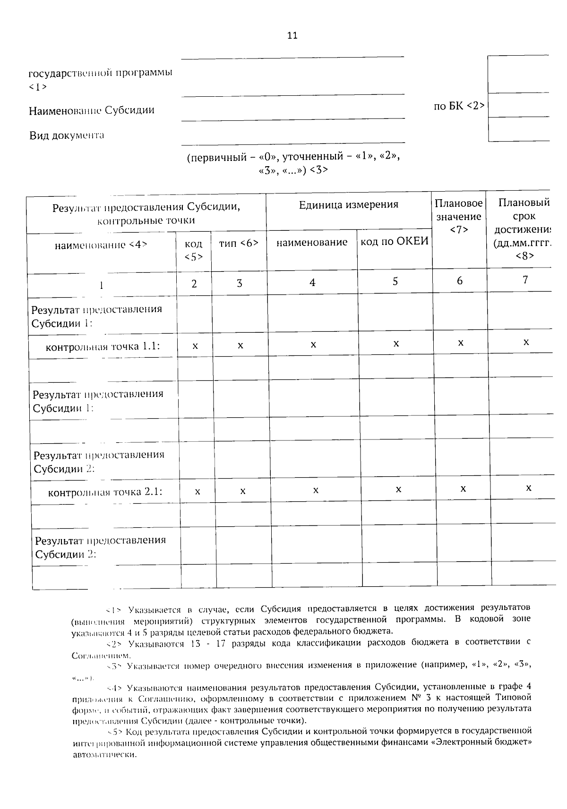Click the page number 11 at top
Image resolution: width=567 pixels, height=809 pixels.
pos(292,35)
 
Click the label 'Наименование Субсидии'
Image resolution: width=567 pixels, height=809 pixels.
pos(92,110)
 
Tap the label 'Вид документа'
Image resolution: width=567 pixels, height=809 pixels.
pos(67,135)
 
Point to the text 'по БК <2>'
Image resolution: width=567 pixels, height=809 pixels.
pos(459,106)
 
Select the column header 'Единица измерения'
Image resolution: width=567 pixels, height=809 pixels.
pos(348,204)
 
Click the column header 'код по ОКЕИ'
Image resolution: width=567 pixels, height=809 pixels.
pos(395,242)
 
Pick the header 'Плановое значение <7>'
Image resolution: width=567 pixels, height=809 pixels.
pos(459,216)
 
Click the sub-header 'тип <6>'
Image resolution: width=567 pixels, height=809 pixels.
pos(239,243)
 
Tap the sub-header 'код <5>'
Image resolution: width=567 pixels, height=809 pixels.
pos(194,250)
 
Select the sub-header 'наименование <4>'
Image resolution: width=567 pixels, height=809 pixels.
pos(101,244)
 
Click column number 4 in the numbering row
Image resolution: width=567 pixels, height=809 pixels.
pos(312,282)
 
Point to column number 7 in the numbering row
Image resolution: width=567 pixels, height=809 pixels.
pos(525,280)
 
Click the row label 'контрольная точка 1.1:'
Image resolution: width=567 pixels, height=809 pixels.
pos(103,346)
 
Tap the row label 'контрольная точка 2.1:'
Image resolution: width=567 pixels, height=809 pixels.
pos(105,492)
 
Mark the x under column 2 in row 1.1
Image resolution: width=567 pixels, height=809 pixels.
pos(195,346)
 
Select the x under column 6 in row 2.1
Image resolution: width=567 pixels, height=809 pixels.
pos(463,489)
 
